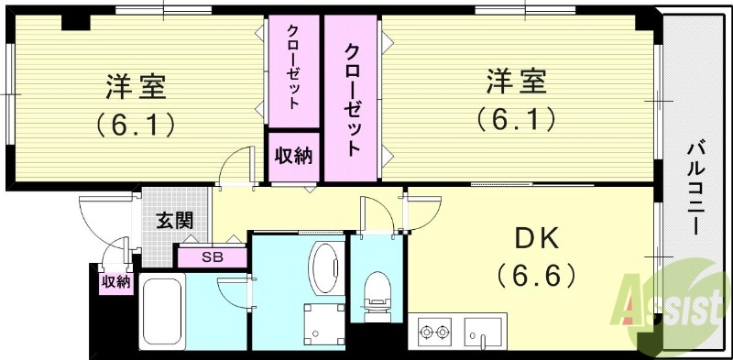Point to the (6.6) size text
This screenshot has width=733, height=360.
pyautogui.click(x=536, y=274)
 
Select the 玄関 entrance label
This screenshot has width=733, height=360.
pyautogui.click(x=173, y=220)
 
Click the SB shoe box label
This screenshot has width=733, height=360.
pyautogui.click(x=212, y=257)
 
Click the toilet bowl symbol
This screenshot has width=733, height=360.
pyautogui.click(x=376, y=294)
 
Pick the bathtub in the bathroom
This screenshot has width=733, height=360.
pyautogui.click(x=164, y=311)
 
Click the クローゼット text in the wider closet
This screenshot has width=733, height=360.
pyautogui.click(x=352, y=98)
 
